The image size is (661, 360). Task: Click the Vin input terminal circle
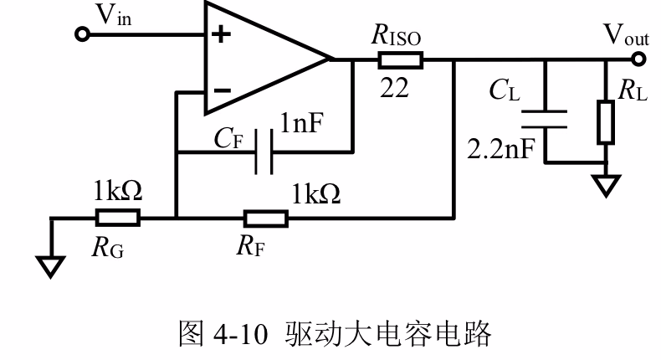[82, 34]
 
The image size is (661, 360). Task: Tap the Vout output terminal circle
[638, 59]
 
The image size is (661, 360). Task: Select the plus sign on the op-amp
[222, 34]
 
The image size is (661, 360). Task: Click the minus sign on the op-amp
[222, 90]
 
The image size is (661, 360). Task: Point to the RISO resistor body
[400, 60]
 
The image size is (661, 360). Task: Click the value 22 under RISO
[394, 88]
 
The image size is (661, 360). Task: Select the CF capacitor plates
[264, 152]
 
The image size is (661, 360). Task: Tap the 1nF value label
[302, 123]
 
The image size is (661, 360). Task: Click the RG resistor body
[118, 219]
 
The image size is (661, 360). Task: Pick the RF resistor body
[266, 219]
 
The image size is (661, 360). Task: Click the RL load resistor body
[606, 122]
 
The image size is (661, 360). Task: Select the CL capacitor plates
[545, 119]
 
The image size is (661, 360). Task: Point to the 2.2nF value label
[501, 148]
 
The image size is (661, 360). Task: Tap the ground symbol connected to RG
[50, 268]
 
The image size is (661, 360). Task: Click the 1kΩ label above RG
[118, 190]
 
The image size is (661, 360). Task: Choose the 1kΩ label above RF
[316, 194]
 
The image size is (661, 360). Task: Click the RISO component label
[396, 35]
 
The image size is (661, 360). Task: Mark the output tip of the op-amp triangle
[330, 59]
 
